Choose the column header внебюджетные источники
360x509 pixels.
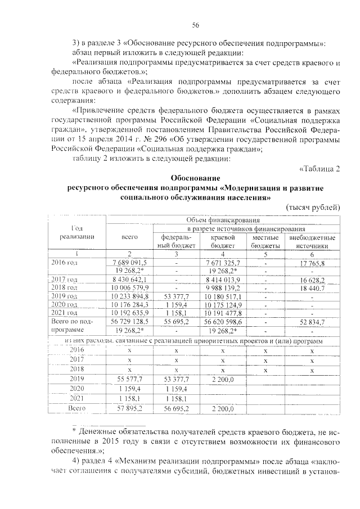312,241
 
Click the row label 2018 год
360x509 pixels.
65,287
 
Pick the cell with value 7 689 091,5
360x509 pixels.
129,262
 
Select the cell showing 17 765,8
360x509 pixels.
312,262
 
